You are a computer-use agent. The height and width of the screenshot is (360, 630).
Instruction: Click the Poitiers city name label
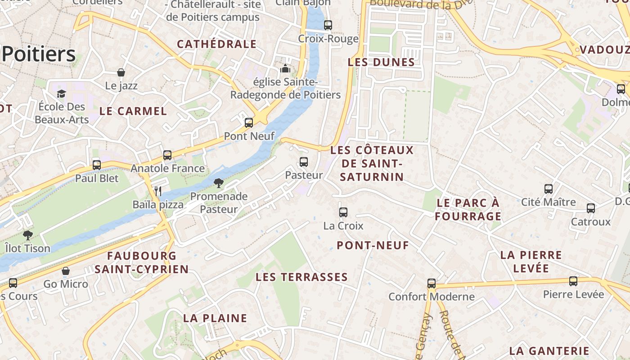pyautogui.click(x=39, y=54)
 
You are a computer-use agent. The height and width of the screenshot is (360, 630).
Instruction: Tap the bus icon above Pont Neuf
pyautogui.click(x=249, y=123)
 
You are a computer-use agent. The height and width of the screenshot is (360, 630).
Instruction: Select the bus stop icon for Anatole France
pyautogui.click(x=167, y=155)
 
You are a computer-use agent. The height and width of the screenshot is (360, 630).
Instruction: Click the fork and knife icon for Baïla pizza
pyautogui.click(x=158, y=191)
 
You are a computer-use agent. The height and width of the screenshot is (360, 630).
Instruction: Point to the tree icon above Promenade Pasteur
pyautogui.click(x=219, y=183)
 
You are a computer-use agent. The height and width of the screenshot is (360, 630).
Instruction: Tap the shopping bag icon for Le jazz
pyautogui.click(x=121, y=72)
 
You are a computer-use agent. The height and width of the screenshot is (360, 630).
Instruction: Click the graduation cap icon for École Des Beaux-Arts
pyautogui.click(x=61, y=94)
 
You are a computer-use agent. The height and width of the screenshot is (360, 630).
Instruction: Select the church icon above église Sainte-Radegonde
pyautogui.click(x=285, y=69)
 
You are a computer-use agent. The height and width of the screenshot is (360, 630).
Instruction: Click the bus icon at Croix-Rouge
pyautogui.click(x=328, y=25)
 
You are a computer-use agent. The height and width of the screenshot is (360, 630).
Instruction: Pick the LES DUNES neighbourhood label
pyautogui.click(x=381, y=62)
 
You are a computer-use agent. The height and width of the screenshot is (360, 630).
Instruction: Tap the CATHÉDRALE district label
pyautogui.click(x=216, y=44)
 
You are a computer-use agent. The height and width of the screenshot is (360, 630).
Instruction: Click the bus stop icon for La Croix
pyautogui.click(x=343, y=212)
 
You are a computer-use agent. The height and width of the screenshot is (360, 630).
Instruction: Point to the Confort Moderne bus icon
pyautogui.click(x=432, y=283)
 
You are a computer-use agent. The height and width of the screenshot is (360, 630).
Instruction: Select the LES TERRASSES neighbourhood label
pyautogui.click(x=301, y=277)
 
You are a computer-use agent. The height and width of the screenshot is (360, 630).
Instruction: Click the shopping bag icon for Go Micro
pyautogui.click(x=66, y=271)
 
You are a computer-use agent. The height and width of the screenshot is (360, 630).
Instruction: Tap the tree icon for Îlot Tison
pyautogui.click(x=28, y=235)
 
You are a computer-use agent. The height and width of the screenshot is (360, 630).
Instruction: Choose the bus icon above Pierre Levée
pyautogui.click(x=573, y=281)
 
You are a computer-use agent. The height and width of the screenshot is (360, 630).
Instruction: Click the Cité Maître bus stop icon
pyautogui.click(x=549, y=189)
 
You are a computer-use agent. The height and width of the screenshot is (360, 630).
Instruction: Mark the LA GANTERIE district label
pyautogui.click(x=549, y=351)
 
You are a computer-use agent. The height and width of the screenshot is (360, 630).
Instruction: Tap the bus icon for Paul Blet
pyautogui.click(x=97, y=165)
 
